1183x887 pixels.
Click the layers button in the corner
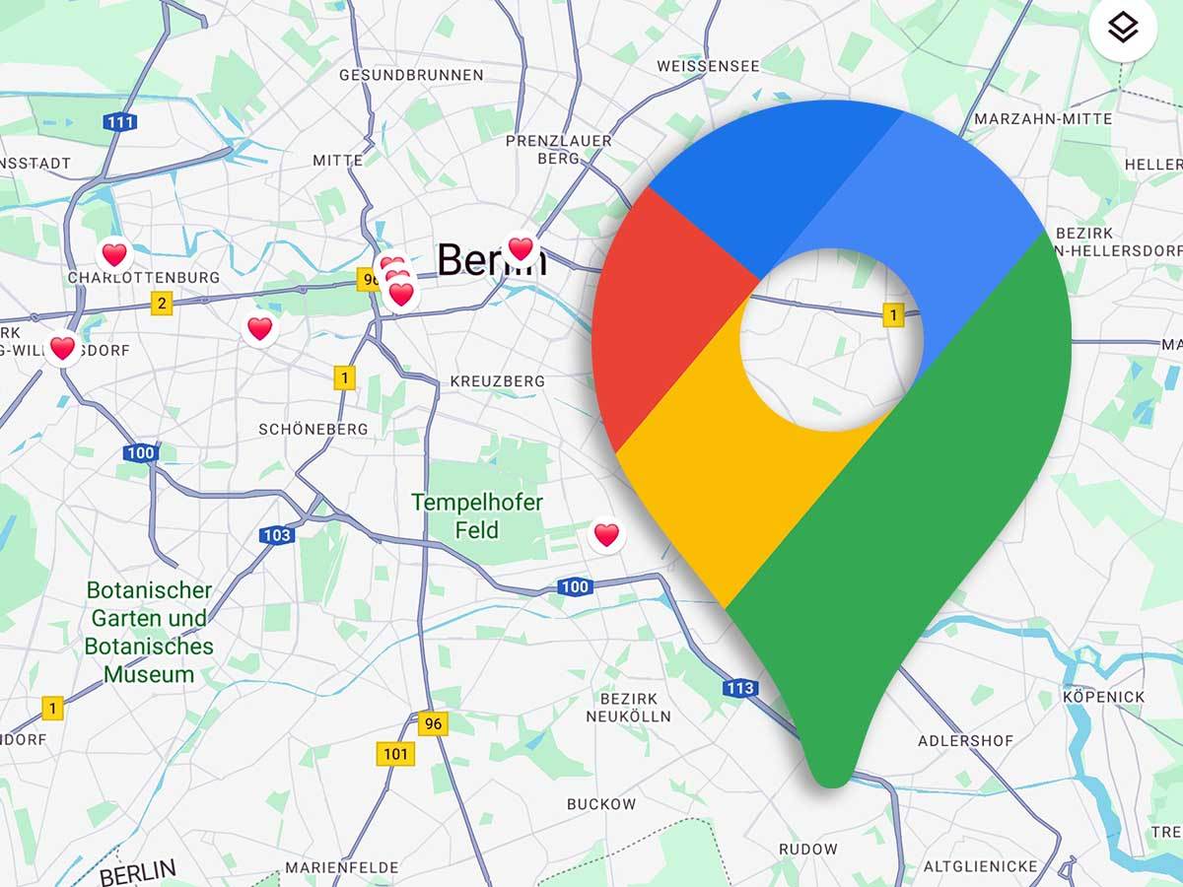click(x=1122, y=30)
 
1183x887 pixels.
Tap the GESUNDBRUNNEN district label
click(x=411, y=75)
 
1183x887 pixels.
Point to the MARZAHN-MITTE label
click(x=1042, y=118)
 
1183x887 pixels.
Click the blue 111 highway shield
click(x=120, y=122)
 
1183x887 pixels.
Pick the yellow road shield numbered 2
click(x=161, y=303)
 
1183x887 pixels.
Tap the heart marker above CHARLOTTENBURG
click(x=114, y=254)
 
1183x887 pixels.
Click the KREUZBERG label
click(x=497, y=380)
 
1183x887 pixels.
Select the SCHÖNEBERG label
click(x=313, y=429)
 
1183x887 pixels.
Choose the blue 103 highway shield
click(x=277, y=535)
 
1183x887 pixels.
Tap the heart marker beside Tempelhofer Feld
click(x=606, y=535)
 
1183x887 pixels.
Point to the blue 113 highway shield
click(x=738, y=688)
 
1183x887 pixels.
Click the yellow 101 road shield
click(x=395, y=755)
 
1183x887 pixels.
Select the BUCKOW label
click(x=600, y=804)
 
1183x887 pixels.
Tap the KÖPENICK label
click(x=1104, y=697)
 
